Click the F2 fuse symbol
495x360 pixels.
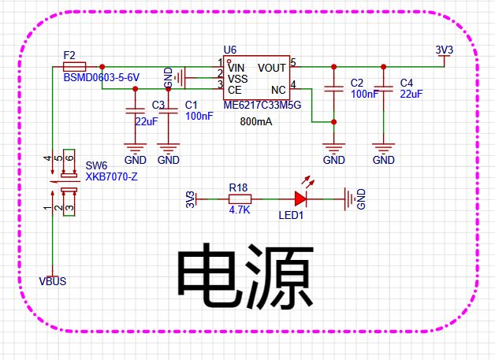click(x=75, y=67)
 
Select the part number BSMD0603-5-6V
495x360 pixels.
click(x=102, y=78)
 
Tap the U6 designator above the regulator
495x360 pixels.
click(x=230, y=50)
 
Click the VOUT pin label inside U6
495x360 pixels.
click(x=271, y=68)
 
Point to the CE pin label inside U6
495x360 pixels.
click(x=235, y=90)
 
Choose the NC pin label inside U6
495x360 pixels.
click(x=278, y=90)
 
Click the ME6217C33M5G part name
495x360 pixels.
click(x=262, y=105)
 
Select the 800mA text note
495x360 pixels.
click(x=256, y=121)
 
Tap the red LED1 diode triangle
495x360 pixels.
click(x=300, y=199)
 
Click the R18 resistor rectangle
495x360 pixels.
click(x=240, y=199)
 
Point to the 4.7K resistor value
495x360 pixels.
click(x=240, y=210)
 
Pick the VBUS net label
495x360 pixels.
click(x=52, y=281)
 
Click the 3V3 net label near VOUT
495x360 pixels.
click(x=445, y=50)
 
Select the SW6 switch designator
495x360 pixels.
click(x=97, y=165)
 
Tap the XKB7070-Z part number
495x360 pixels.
click(x=111, y=176)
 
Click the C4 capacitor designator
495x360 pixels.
click(x=407, y=83)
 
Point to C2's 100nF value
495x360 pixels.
click(x=365, y=94)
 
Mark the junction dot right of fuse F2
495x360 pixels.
click(x=102, y=67)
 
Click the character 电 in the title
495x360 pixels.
click(x=209, y=276)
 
